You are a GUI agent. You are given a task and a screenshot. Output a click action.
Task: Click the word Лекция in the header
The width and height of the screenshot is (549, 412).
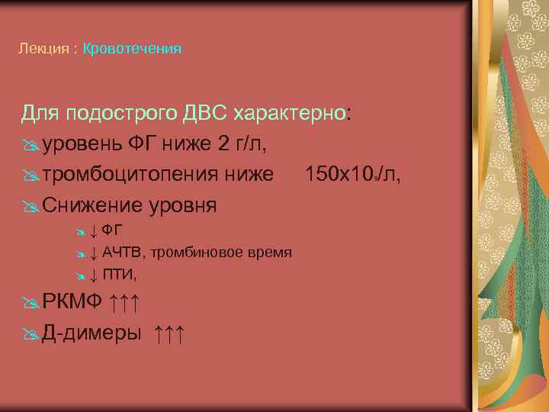(40, 49)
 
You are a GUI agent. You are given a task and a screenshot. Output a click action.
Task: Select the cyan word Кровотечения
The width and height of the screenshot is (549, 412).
(132, 49)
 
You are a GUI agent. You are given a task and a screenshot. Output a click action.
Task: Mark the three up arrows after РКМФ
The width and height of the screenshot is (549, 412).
(124, 304)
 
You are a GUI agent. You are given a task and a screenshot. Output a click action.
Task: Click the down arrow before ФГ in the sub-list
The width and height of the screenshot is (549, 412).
(92, 230)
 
